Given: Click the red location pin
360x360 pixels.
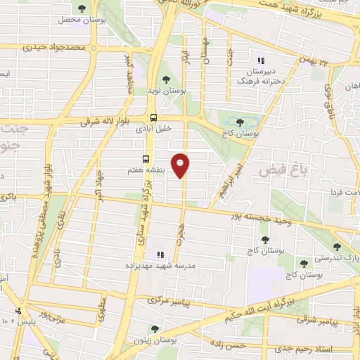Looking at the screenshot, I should [181, 165].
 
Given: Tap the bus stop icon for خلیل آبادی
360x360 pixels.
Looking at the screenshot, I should [153, 118].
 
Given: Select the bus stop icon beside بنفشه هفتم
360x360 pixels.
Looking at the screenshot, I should [146, 159].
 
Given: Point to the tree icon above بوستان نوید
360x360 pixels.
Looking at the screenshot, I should [166, 79].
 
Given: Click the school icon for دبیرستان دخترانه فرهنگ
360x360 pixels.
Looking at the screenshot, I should [261, 62].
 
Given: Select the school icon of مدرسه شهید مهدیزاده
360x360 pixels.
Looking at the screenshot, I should [160, 254].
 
